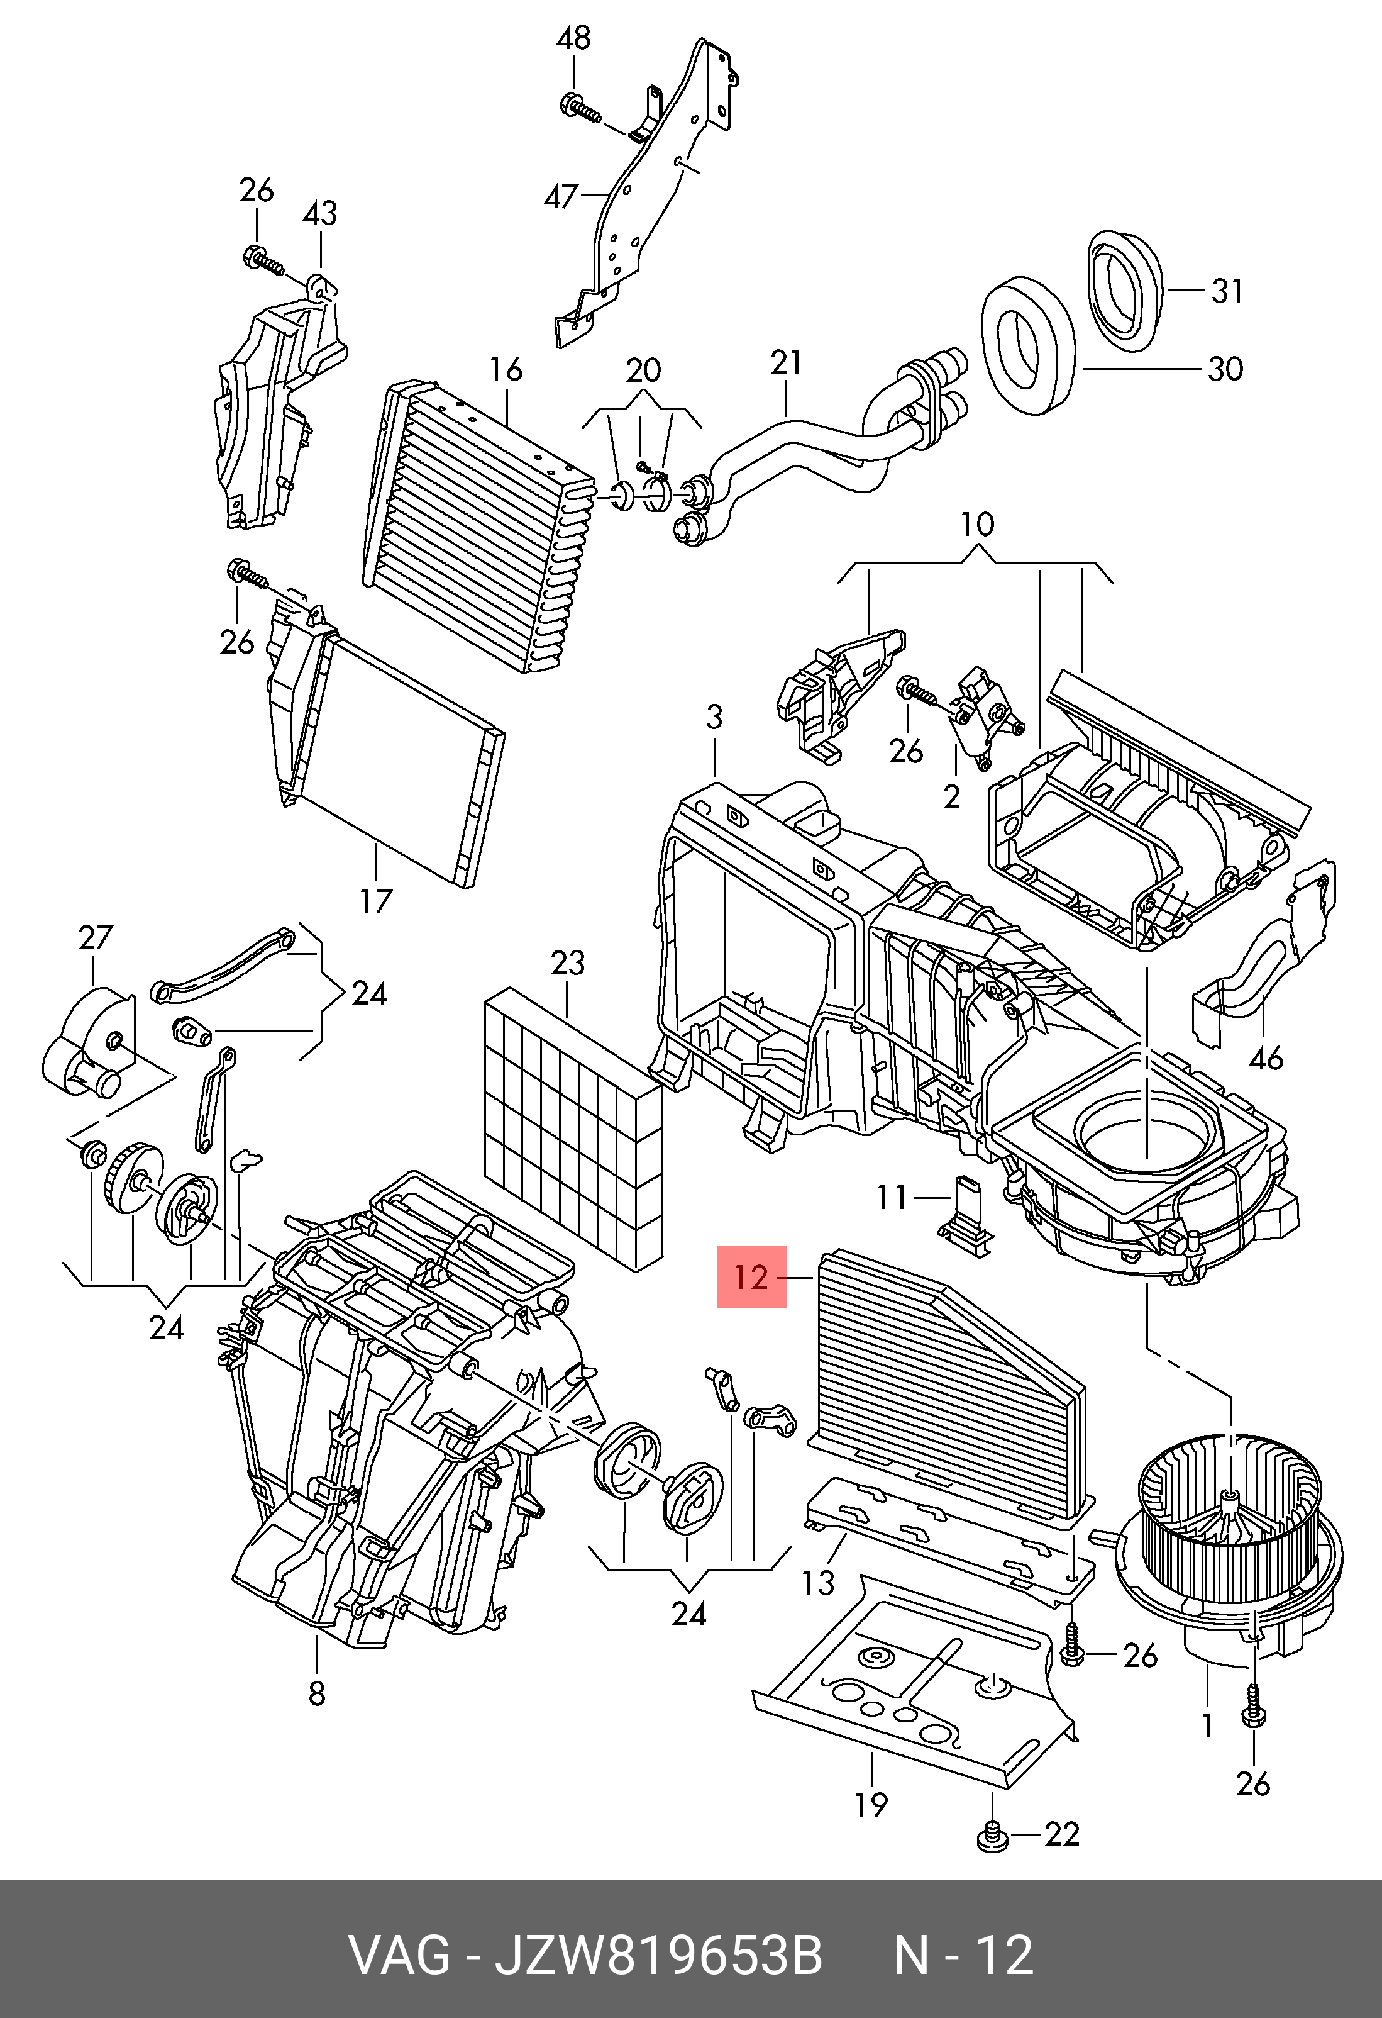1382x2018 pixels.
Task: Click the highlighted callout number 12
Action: click(x=751, y=1278)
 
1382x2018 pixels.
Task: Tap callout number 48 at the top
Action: click(x=574, y=38)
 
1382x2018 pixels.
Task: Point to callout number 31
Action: click(x=1227, y=290)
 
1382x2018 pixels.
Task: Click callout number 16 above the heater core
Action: click(x=506, y=370)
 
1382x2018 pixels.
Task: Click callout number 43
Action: click(x=319, y=214)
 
